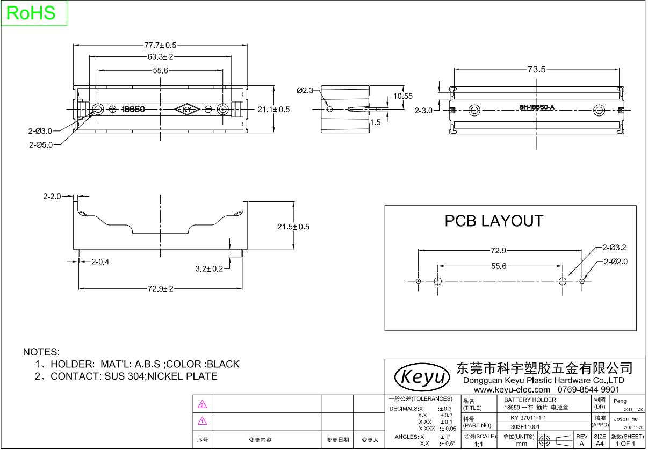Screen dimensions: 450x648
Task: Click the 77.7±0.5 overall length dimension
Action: pyautogui.click(x=160, y=45)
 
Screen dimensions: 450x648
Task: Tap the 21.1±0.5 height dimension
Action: pyautogui.click(x=273, y=110)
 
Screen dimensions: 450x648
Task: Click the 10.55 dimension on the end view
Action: pyautogui.click(x=403, y=96)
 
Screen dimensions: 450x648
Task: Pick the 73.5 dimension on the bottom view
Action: pyautogui.click(x=536, y=69)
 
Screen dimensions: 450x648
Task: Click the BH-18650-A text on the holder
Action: pyautogui.click(x=536, y=107)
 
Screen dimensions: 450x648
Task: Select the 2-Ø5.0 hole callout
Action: pyautogui.click(x=41, y=144)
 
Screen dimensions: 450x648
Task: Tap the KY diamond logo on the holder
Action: pyautogui.click(x=188, y=110)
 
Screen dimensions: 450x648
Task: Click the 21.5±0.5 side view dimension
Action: pyautogui.click(x=293, y=227)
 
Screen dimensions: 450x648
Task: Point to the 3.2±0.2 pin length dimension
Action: pyautogui.click(x=209, y=268)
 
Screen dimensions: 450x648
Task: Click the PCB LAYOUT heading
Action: pyautogui.click(x=494, y=221)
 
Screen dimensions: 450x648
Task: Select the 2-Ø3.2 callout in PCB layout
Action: pyautogui.click(x=615, y=248)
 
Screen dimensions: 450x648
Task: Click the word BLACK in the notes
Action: pyautogui.click(x=223, y=364)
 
